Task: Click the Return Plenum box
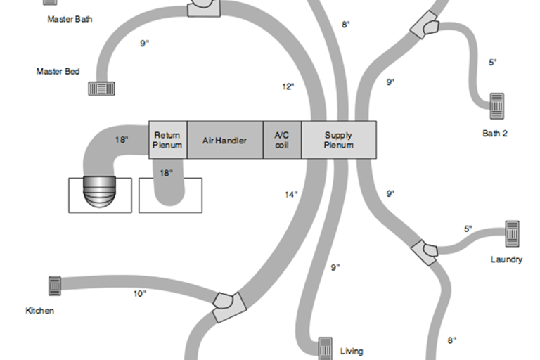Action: coord(168,140)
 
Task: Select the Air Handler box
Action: coord(225,140)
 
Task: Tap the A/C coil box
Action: coord(283,140)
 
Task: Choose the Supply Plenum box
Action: coord(339,140)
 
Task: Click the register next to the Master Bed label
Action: coord(101,89)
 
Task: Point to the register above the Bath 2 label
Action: coord(497,105)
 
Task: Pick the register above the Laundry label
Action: coord(512,231)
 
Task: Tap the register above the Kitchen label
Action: coord(54,285)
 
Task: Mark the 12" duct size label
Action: coord(287,87)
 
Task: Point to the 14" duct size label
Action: coord(292,195)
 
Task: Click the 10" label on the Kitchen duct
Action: coord(140,293)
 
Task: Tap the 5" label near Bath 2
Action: coord(493,63)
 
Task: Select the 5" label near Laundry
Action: coord(468,229)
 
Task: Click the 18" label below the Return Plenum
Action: coord(166,173)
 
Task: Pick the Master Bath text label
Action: coord(70,19)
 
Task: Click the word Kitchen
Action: coord(40,310)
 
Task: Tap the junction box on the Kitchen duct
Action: coord(229,307)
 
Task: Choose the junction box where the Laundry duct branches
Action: coord(424,251)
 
